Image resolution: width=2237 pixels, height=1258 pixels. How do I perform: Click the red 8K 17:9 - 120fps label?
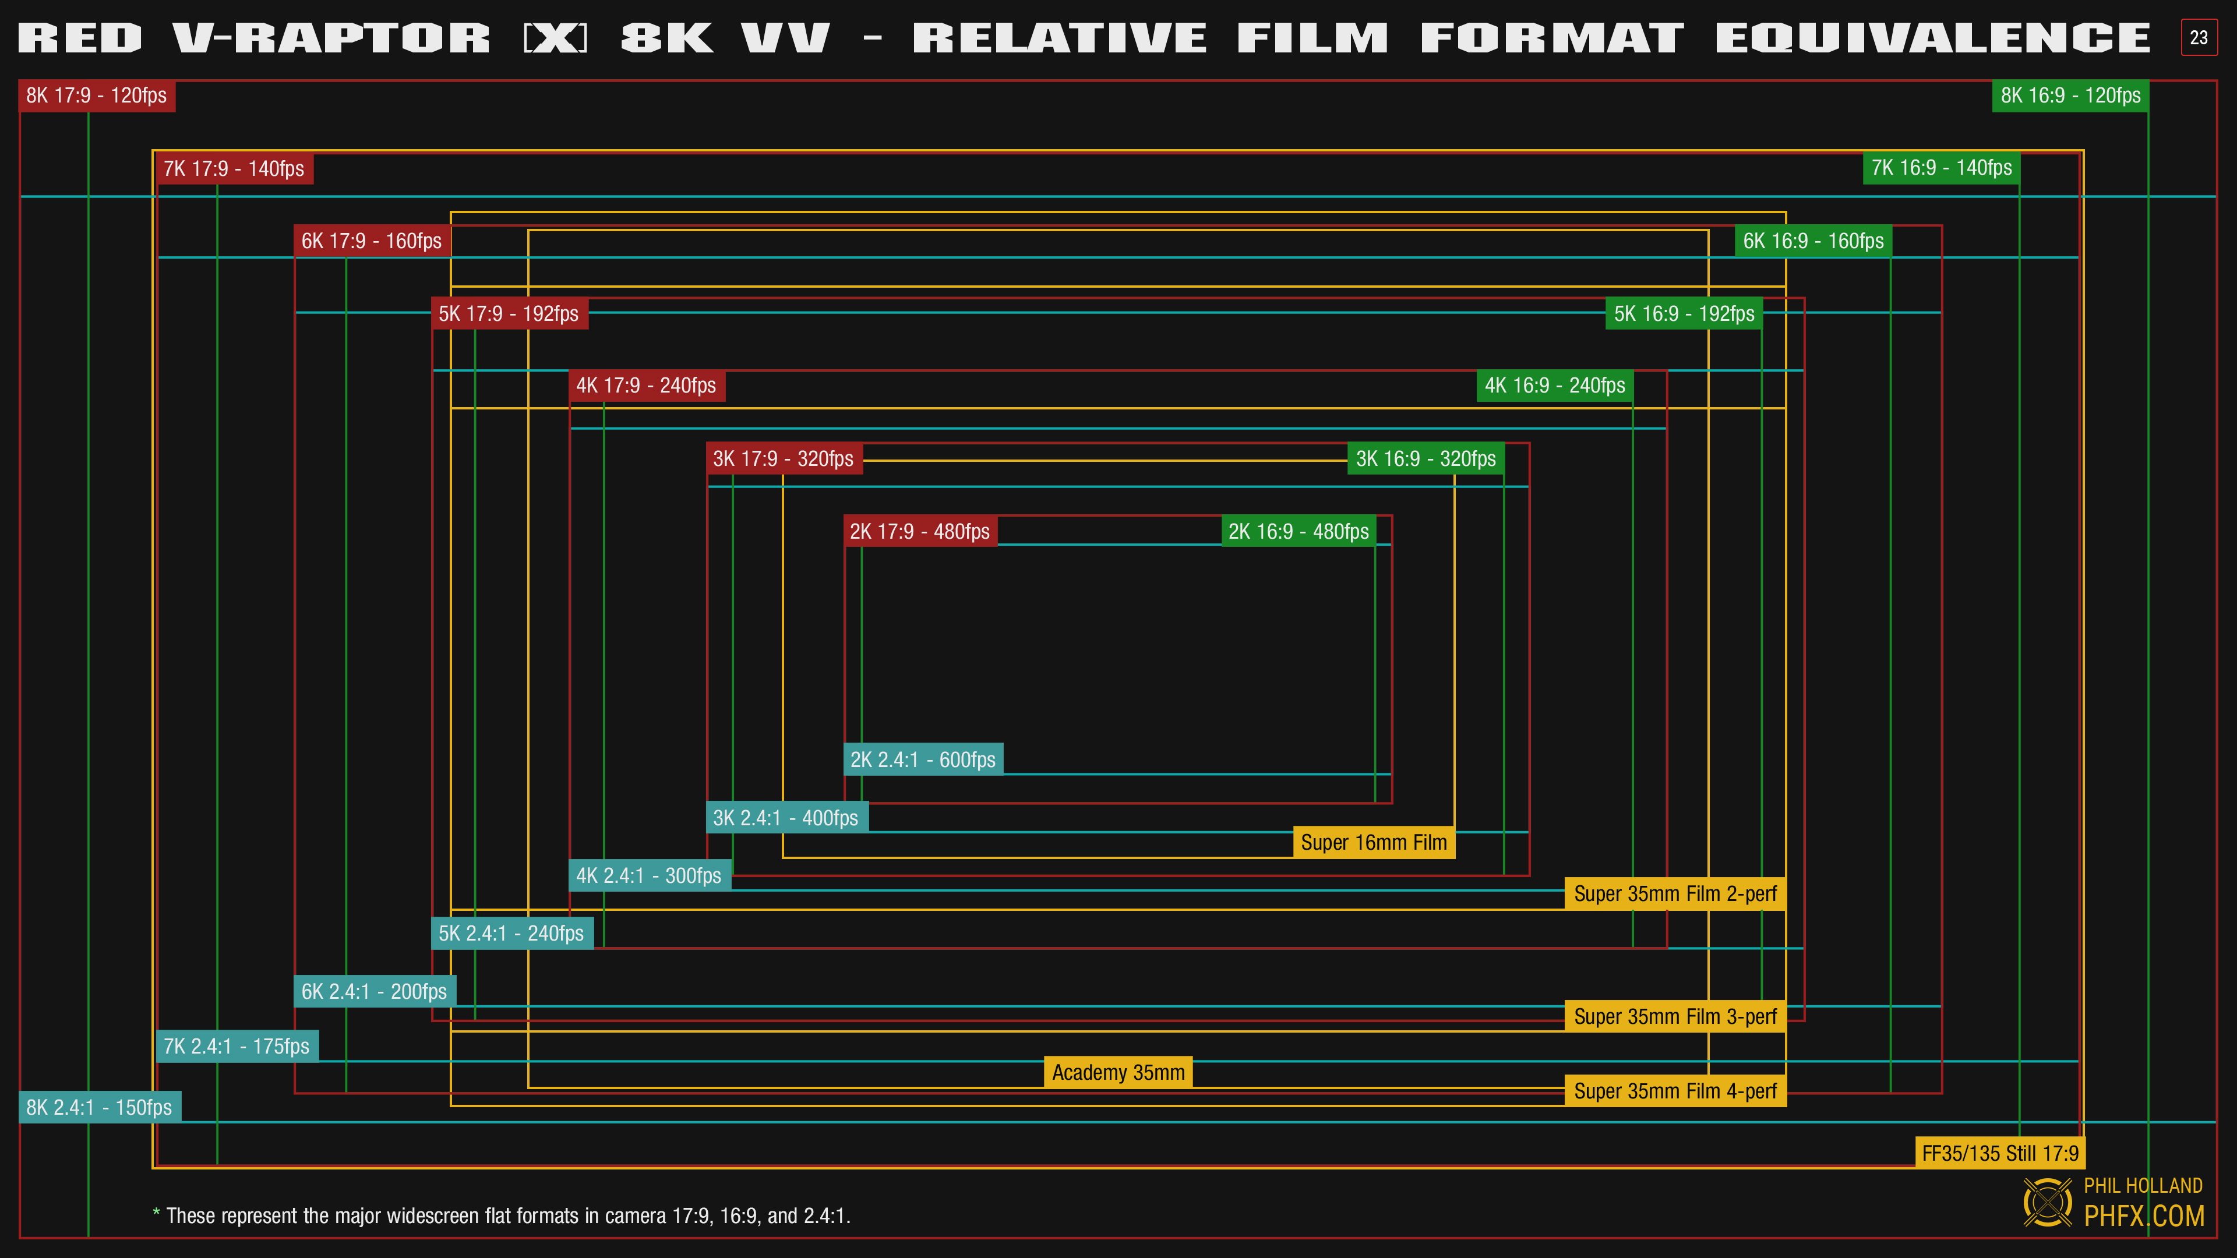96,96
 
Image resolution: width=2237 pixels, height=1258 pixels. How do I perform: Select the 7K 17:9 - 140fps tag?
233,168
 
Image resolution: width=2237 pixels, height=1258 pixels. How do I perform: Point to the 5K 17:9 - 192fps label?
509,313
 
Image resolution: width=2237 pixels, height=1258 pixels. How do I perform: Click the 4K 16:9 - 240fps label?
1554,386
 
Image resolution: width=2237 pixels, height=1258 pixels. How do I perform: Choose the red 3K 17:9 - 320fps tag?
784,458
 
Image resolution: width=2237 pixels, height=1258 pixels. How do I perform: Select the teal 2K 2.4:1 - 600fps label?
922,759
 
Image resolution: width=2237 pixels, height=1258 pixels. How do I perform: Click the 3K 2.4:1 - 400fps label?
785,818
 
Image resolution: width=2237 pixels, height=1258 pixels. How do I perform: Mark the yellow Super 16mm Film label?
1373,842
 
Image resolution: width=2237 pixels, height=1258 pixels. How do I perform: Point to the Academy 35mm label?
1118,1072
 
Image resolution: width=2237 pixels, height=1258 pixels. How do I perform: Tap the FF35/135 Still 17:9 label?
1999,1153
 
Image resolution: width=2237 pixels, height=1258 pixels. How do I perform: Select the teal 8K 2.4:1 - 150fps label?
99,1107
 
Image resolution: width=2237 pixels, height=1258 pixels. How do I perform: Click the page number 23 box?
2198,37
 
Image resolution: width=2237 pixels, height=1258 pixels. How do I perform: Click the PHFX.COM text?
2143,1215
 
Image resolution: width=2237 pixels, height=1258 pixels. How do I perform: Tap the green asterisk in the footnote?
156,1213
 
